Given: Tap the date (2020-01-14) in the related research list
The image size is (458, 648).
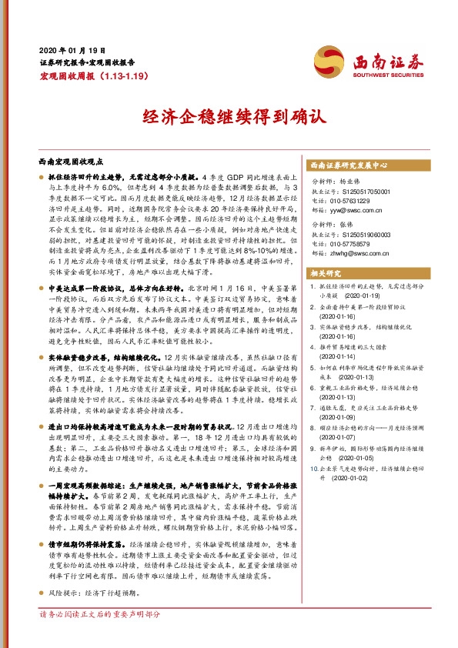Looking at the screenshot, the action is [x=338, y=357].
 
